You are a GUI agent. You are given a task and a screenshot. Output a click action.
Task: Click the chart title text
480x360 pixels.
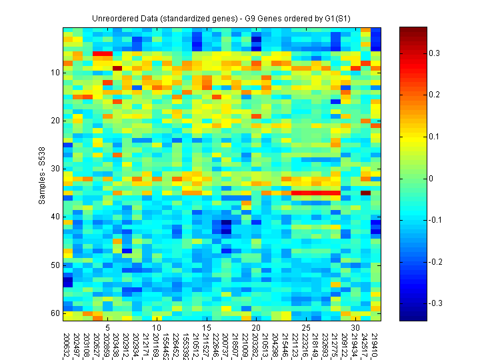pyautogui.click(x=222, y=17)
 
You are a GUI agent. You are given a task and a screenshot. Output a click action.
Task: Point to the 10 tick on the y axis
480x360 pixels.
pyautogui.click(x=56, y=73)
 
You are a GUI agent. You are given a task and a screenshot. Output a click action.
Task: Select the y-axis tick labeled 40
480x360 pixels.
pyautogui.click(x=56, y=217)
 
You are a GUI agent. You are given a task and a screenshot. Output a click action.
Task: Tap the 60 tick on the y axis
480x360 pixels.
pyautogui.click(x=56, y=313)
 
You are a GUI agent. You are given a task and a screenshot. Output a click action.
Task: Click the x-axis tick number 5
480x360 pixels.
pyautogui.click(x=107, y=328)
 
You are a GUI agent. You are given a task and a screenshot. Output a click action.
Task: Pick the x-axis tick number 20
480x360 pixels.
pyautogui.click(x=256, y=328)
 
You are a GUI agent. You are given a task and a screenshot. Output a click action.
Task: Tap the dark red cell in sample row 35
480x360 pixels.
pyautogui.click(x=365, y=193)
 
